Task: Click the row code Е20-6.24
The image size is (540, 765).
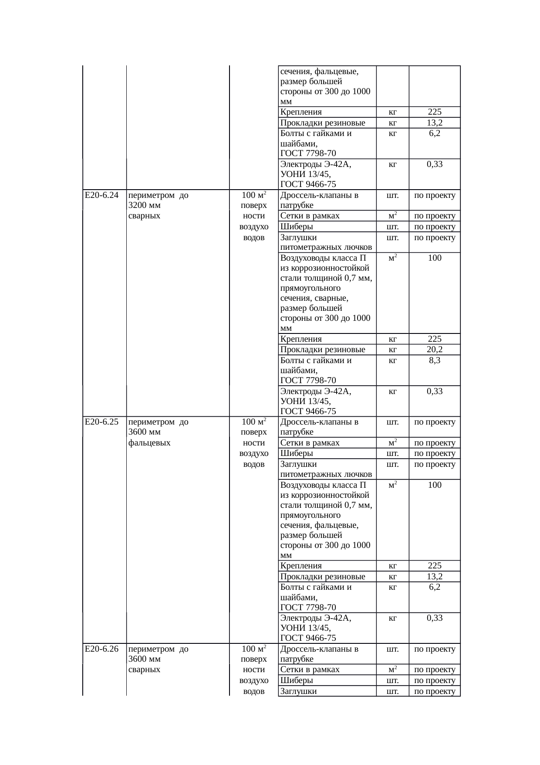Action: click(x=101, y=195)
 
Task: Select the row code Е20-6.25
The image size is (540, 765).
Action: click(x=101, y=422)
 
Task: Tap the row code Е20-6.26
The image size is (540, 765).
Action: click(x=101, y=649)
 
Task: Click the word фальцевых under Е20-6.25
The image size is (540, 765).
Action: click(x=149, y=443)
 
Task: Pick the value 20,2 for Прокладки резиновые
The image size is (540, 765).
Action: click(x=434, y=350)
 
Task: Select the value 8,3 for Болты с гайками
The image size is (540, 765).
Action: click(x=434, y=360)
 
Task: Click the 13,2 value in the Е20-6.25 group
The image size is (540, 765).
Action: click(x=434, y=577)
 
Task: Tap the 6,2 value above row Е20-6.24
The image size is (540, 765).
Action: click(x=434, y=133)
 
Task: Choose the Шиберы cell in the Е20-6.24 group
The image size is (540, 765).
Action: click(x=297, y=227)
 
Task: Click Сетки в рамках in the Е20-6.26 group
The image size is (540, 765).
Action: click(x=310, y=670)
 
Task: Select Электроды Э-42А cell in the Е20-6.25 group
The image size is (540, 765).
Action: click(x=316, y=618)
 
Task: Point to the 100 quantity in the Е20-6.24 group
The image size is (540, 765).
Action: click(x=434, y=258)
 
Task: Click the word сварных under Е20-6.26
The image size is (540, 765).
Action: click(x=145, y=670)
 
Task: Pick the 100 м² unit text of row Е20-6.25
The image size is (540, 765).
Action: click(x=254, y=422)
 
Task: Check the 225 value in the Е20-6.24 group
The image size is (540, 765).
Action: click(x=434, y=339)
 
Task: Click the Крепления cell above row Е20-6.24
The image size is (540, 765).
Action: click(x=301, y=112)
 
